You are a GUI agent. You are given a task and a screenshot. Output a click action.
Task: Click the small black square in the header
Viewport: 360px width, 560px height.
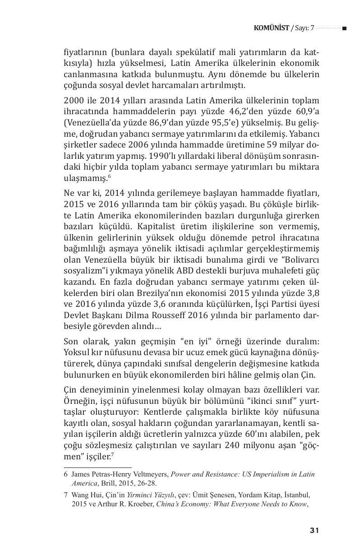tap(344, 28)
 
